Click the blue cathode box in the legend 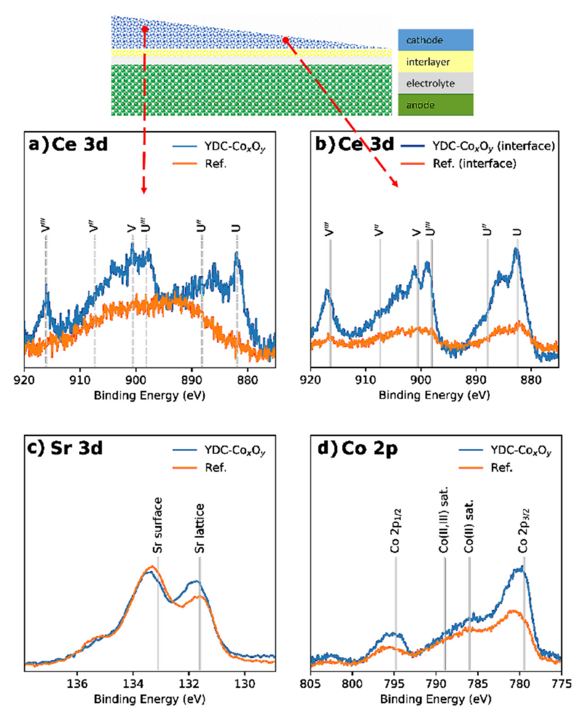[x=435, y=40]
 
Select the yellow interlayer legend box [x=435, y=62]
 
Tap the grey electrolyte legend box [x=435, y=83]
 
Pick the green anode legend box [x=435, y=105]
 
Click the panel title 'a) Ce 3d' [x=68, y=145]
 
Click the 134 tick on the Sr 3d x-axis [x=133, y=684]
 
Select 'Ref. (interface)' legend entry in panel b [x=474, y=164]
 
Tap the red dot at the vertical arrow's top [x=145, y=30]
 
